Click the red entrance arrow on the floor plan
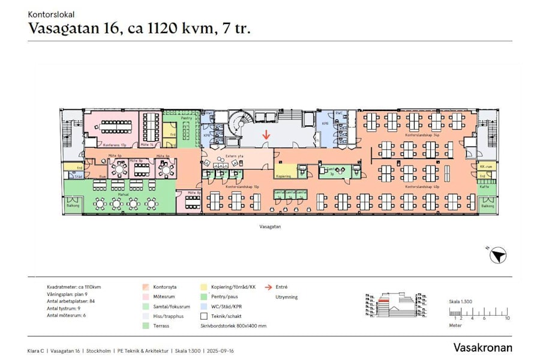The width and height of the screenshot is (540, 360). tap(266, 136)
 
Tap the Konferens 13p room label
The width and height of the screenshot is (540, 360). tap(115, 145)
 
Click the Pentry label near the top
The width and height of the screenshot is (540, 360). tap(187, 118)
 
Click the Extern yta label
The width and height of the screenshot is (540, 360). tap(233, 156)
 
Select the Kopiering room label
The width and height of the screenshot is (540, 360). tap(284, 176)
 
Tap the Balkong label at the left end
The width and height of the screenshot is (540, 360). tap(73, 206)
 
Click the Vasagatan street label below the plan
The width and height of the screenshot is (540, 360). tap(271, 227)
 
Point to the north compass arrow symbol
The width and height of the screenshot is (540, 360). tap(497, 257)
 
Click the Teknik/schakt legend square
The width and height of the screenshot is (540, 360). tap(204, 316)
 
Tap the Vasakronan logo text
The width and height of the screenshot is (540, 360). tap(482, 347)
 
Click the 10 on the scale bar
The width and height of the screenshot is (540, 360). tap(507, 318)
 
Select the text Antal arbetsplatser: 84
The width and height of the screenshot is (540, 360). tap(71, 302)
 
